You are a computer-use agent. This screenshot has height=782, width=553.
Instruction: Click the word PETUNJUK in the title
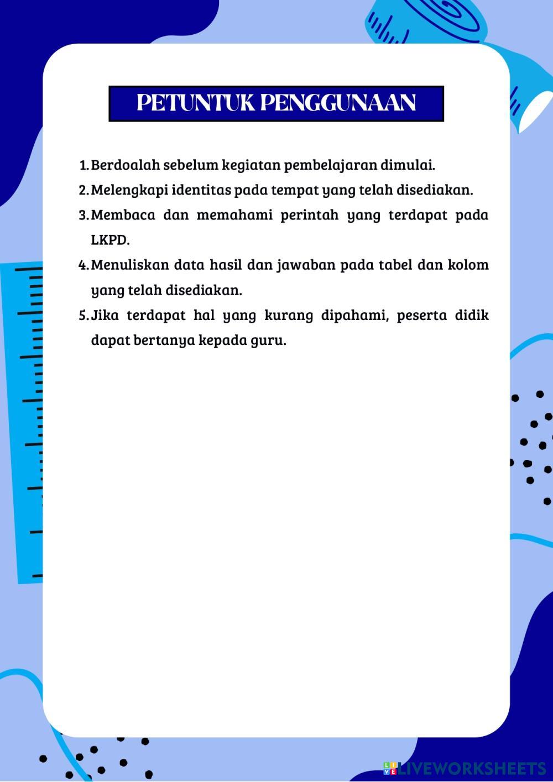click(x=194, y=103)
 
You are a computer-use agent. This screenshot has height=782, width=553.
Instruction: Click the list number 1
click(x=84, y=165)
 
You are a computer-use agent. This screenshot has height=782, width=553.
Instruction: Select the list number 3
click(x=84, y=215)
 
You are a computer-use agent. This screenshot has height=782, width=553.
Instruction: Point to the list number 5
click(x=84, y=316)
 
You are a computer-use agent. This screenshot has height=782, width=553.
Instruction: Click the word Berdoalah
click(x=125, y=165)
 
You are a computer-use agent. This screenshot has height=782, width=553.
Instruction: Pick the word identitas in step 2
click(x=201, y=190)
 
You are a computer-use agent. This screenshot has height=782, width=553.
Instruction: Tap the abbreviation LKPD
click(x=110, y=240)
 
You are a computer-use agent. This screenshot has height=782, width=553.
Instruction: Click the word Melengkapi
click(x=129, y=190)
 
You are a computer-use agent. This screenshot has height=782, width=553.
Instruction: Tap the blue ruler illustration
click(x=22, y=420)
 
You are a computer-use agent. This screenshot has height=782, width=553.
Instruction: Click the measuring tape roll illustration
click(x=437, y=22)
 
